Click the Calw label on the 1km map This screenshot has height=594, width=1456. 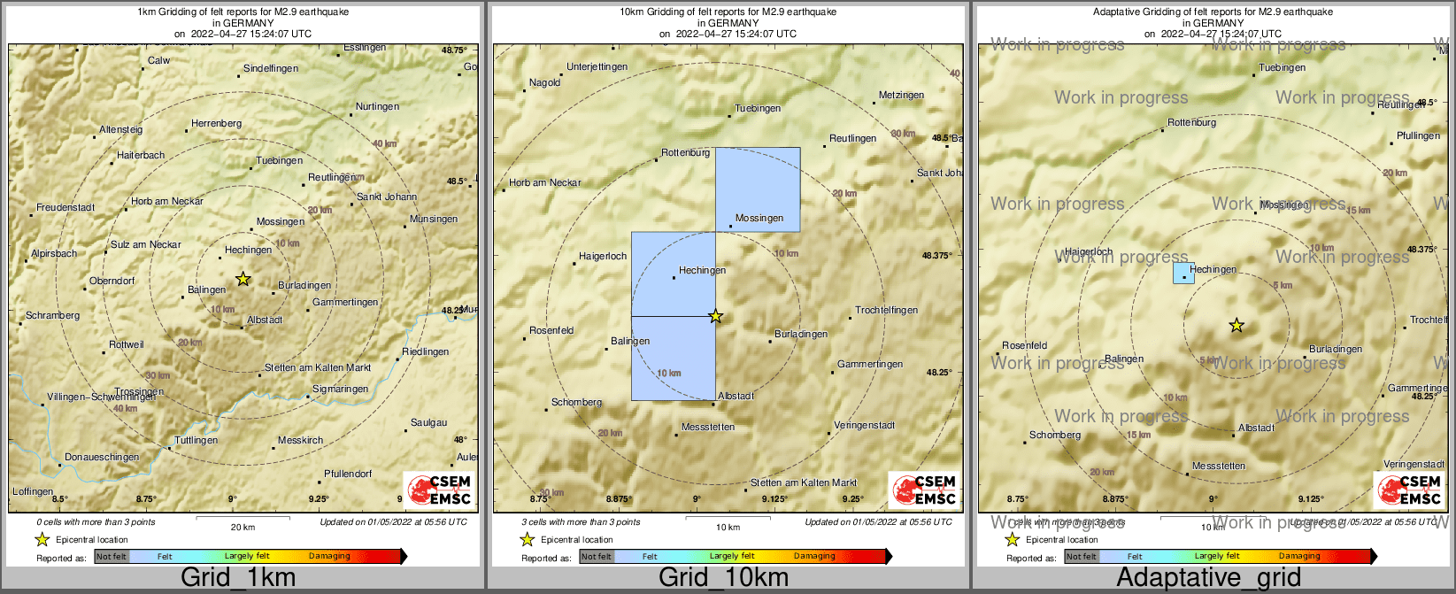click(x=159, y=61)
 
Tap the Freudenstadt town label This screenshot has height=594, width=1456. click(x=65, y=208)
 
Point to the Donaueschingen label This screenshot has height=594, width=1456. click(x=102, y=458)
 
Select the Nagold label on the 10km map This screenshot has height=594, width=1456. click(x=544, y=83)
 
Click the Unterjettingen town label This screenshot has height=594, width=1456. click(x=597, y=67)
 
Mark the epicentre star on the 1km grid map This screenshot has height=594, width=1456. click(x=243, y=279)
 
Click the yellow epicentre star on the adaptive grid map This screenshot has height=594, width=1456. click(x=1236, y=326)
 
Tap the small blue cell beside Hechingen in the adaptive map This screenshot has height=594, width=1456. click(x=1183, y=273)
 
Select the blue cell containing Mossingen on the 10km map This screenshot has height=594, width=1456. click(x=758, y=189)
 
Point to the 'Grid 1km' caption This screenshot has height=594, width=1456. click(x=238, y=578)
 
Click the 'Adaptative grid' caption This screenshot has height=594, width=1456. click(x=1208, y=578)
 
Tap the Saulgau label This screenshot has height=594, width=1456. click(x=429, y=423)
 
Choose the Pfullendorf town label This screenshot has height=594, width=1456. click(x=348, y=474)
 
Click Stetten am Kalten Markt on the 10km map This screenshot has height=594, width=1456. click(x=804, y=483)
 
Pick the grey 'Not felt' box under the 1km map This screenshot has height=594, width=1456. click(x=112, y=557)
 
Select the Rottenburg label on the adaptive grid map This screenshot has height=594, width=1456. click(x=1191, y=123)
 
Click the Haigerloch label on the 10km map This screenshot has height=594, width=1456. click(x=603, y=257)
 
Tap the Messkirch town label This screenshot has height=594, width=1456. click(x=300, y=441)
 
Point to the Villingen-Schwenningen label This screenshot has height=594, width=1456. click(x=101, y=397)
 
